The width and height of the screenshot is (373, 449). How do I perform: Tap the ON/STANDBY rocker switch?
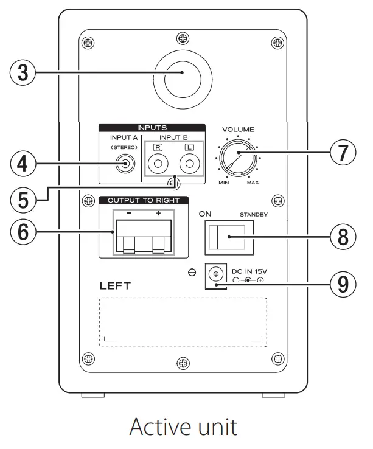[x=228, y=237]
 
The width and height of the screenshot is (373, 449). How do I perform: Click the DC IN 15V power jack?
[x=215, y=275]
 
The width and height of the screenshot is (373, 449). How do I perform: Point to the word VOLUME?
[x=237, y=130]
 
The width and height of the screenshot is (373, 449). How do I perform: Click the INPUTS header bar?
[x=152, y=128]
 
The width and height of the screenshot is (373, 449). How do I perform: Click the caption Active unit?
[x=183, y=426]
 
